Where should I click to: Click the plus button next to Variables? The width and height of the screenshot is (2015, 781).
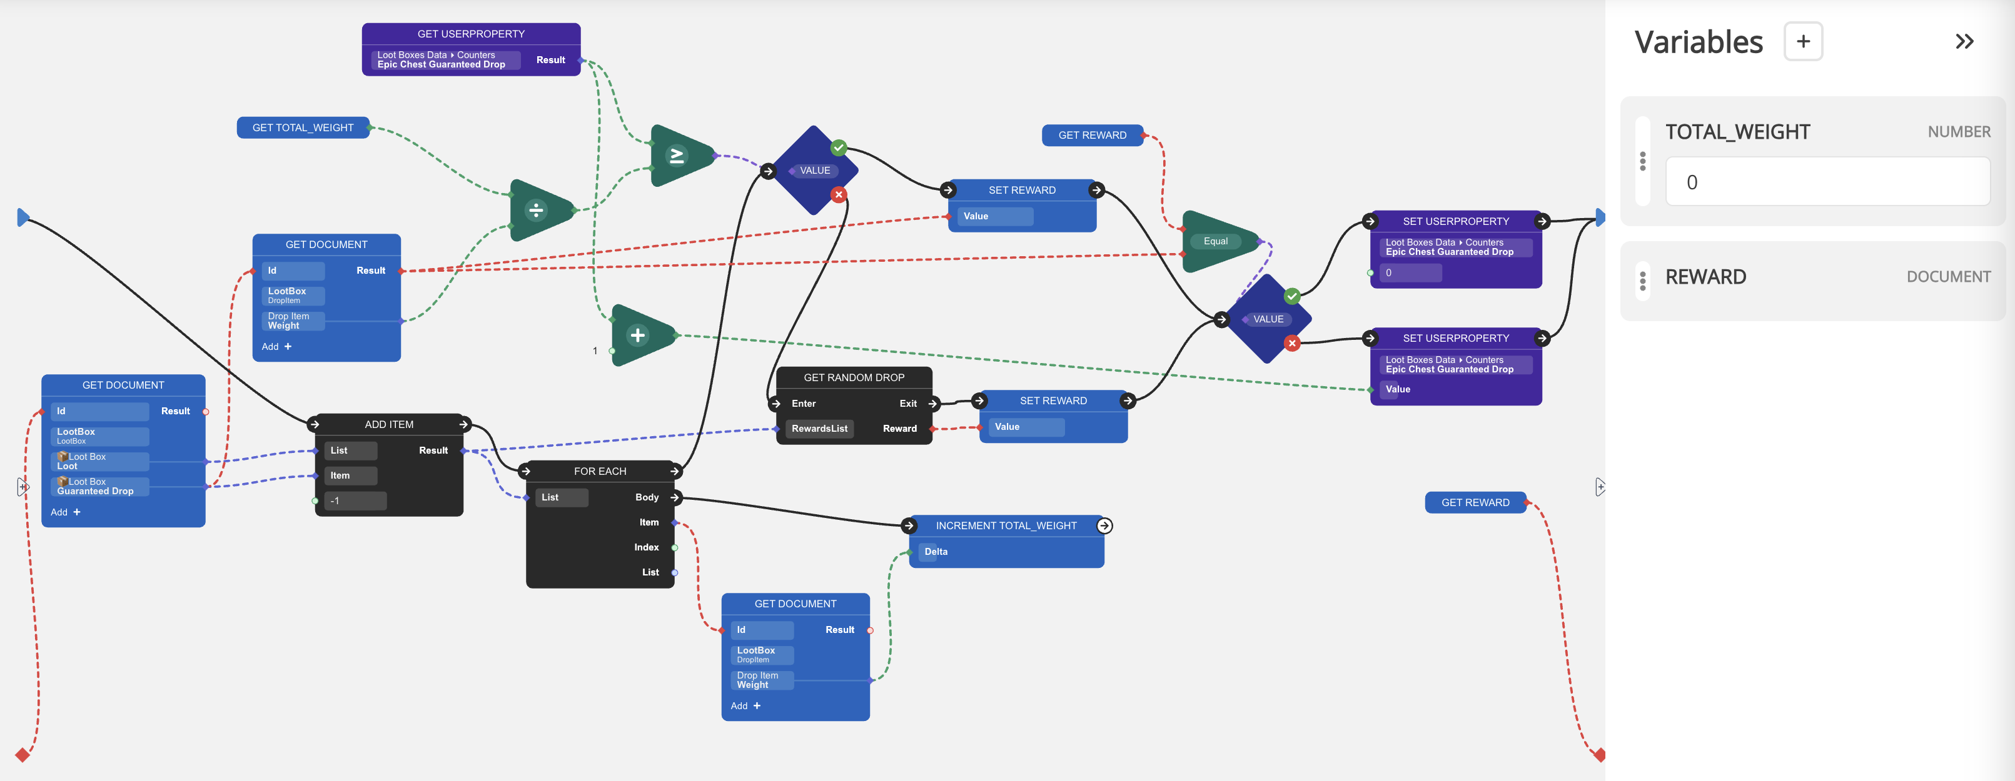tap(1802, 41)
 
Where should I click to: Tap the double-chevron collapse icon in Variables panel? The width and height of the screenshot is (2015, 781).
tap(1964, 41)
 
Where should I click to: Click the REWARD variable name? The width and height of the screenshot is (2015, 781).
tap(1705, 277)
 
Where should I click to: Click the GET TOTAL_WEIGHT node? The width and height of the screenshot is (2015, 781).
tap(303, 127)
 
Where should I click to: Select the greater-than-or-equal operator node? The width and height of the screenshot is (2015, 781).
tap(677, 156)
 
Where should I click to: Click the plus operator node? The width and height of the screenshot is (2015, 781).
tap(639, 336)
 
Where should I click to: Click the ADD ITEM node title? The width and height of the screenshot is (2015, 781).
tap(389, 424)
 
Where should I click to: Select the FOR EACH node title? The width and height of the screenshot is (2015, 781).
tap(600, 470)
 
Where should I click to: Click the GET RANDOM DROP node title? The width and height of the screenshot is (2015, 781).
tap(854, 377)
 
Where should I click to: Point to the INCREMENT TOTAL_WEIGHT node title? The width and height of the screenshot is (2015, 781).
tap(1006, 525)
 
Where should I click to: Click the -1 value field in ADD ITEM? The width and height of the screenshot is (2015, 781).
tap(355, 500)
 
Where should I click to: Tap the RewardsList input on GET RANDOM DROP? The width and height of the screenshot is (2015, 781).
tap(819, 429)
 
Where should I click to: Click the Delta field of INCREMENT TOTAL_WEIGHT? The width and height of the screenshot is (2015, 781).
tap(936, 551)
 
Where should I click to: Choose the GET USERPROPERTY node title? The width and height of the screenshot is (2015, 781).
tap(471, 34)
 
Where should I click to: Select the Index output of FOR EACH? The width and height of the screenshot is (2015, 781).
tap(646, 547)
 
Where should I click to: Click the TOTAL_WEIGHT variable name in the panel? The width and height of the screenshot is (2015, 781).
tap(1737, 132)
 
